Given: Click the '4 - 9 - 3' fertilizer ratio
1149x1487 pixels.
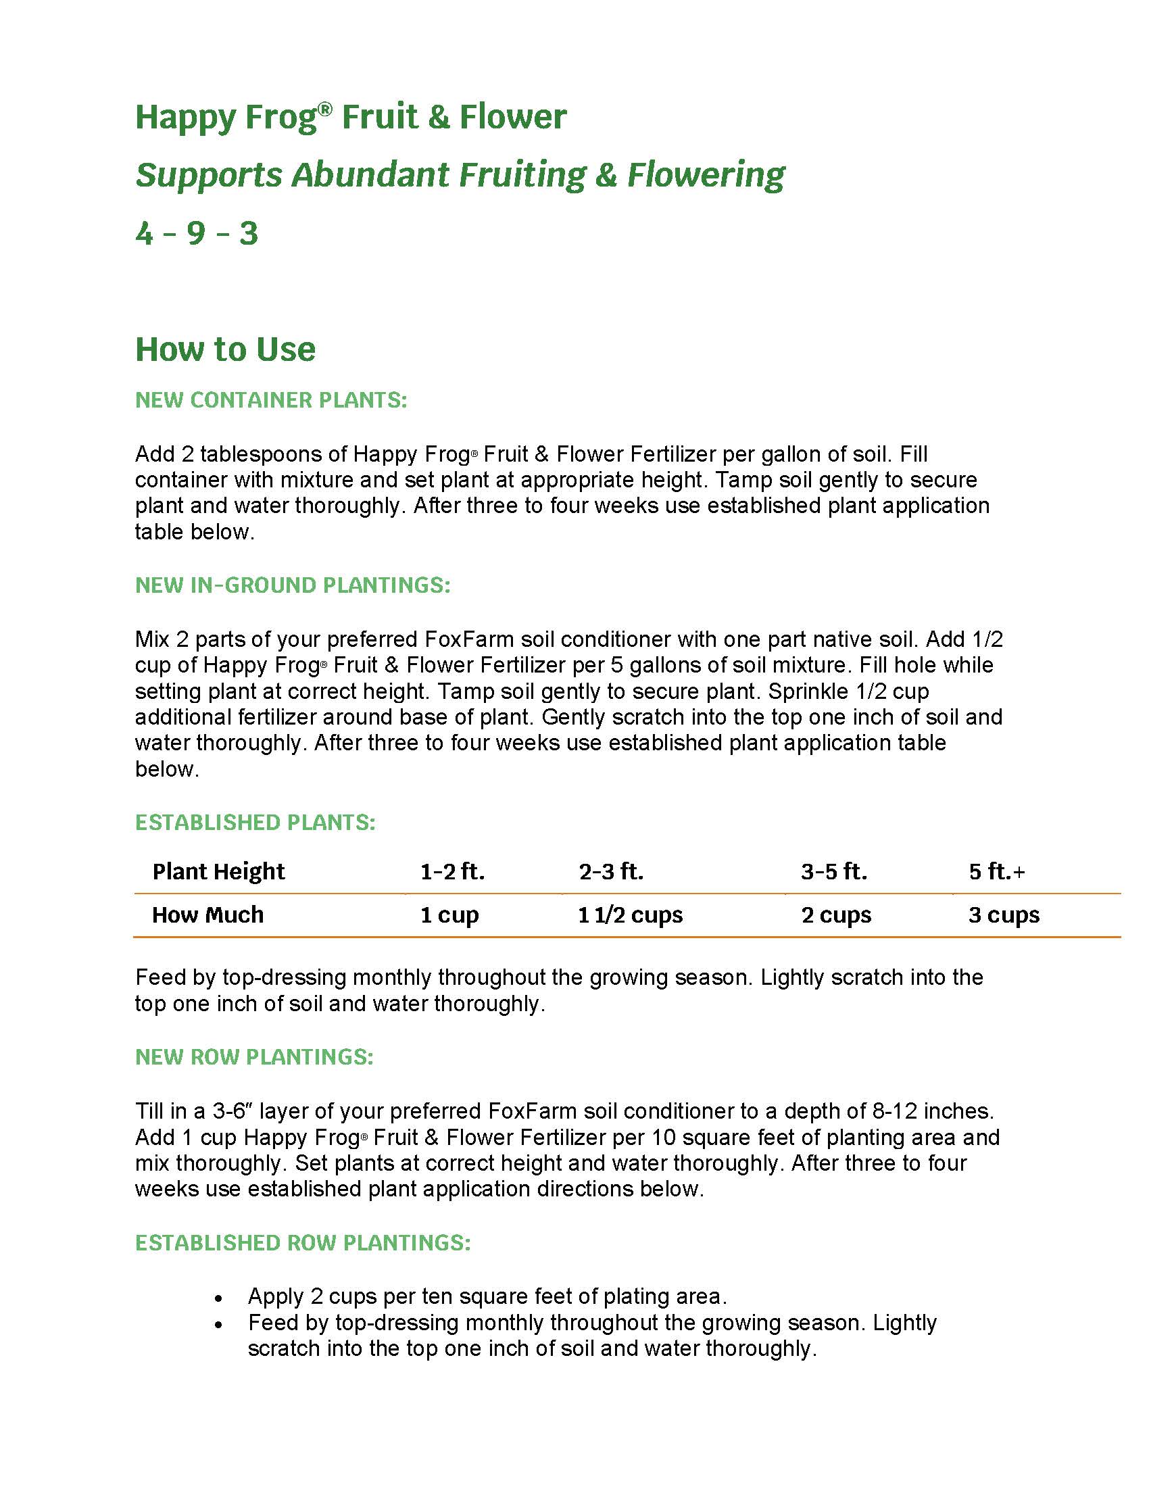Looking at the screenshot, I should pyautogui.click(x=197, y=234).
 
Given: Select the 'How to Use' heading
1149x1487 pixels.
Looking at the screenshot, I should pyautogui.click(x=225, y=349).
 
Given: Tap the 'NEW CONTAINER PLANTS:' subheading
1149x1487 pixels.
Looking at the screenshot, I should pyautogui.click(x=271, y=399).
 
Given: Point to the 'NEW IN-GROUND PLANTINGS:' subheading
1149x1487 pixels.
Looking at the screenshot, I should pyautogui.click(x=293, y=585).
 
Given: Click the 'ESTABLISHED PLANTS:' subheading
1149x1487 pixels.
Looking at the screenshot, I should pyautogui.click(x=255, y=823).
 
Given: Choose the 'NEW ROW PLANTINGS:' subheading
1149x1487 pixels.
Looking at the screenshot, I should pyautogui.click(x=254, y=1056).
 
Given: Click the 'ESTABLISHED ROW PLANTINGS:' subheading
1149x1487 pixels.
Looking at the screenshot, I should pyautogui.click(x=303, y=1242).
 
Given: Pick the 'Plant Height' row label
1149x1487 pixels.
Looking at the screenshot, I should pyautogui.click(x=218, y=871).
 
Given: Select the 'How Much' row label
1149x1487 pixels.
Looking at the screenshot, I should pyautogui.click(x=207, y=915).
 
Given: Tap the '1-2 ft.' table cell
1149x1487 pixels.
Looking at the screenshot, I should pyautogui.click(x=452, y=871).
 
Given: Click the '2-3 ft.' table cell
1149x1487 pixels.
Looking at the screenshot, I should pyautogui.click(x=610, y=871).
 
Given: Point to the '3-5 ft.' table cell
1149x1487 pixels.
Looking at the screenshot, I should pyautogui.click(x=834, y=871).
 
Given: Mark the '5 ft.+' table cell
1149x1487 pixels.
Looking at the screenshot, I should pyautogui.click(x=996, y=871).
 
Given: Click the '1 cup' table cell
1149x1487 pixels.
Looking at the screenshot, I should pyautogui.click(x=449, y=915).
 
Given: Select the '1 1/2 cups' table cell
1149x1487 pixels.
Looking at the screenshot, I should pyautogui.click(x=631, y=915).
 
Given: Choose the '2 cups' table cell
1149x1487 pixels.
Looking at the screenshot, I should pyautogui.click(x=836, y=915).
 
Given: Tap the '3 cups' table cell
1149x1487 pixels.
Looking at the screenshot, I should pyautogui.click(x=1004, y=915).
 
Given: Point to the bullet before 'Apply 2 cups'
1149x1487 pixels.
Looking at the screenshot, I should pyautogui.click(x=218, y=1298).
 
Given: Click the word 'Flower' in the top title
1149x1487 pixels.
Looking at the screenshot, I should pyautogui.click(x=512, y=116).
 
